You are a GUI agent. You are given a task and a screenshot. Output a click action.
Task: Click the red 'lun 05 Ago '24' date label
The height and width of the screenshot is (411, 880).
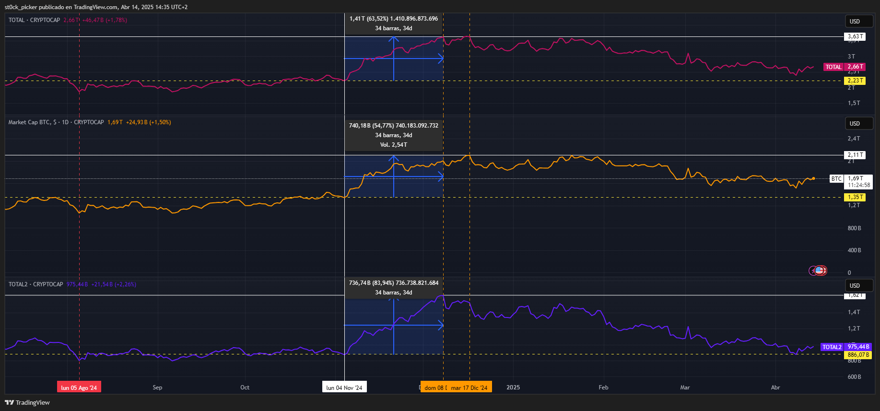coord(79,388)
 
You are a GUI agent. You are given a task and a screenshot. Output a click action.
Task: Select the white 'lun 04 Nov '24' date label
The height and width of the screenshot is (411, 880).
coord(344,388)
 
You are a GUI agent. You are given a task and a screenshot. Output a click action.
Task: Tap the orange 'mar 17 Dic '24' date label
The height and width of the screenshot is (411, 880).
coord(469,388)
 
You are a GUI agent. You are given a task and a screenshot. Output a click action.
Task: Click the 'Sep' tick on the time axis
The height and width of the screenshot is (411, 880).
coord(157,388)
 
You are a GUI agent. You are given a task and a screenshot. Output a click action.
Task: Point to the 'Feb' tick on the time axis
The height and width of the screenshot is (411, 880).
coord(603,388)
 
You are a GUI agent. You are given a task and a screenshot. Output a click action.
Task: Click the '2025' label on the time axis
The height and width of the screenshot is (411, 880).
coord(513,388)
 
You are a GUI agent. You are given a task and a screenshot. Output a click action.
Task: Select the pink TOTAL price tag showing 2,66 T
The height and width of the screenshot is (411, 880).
coord(845,67)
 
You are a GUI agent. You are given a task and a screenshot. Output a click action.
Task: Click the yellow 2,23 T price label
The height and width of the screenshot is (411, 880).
coord(855,81)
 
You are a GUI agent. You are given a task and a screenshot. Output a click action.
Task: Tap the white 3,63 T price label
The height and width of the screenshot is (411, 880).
coord(855,36)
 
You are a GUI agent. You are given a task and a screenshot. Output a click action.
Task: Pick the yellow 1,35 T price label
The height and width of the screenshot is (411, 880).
coord(855,197)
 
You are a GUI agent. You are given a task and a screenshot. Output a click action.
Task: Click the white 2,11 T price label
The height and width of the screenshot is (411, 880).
coord(855,155)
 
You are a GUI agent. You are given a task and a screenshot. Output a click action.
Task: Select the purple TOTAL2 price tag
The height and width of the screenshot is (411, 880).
coord(845,347)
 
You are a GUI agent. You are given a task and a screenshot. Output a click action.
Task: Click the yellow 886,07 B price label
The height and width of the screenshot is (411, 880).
coord(858,355)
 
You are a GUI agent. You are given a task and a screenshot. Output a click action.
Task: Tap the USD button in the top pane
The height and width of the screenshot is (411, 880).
coord(855,22)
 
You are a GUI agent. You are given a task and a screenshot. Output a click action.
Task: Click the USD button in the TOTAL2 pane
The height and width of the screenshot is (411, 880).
coord(855,286)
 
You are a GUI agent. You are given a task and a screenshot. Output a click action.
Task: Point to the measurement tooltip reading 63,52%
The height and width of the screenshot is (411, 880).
coord(394,23)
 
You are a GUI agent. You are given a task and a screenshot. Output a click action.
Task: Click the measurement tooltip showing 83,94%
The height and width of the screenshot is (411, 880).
coord(394,287)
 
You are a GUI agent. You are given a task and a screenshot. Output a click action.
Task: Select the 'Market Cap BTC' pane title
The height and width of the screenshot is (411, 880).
coord(56,122)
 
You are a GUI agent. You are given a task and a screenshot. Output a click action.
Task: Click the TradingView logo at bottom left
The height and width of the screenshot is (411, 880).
coord(27,402)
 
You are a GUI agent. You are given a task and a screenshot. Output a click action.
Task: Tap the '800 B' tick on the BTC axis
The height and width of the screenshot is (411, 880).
coord(854,228)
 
